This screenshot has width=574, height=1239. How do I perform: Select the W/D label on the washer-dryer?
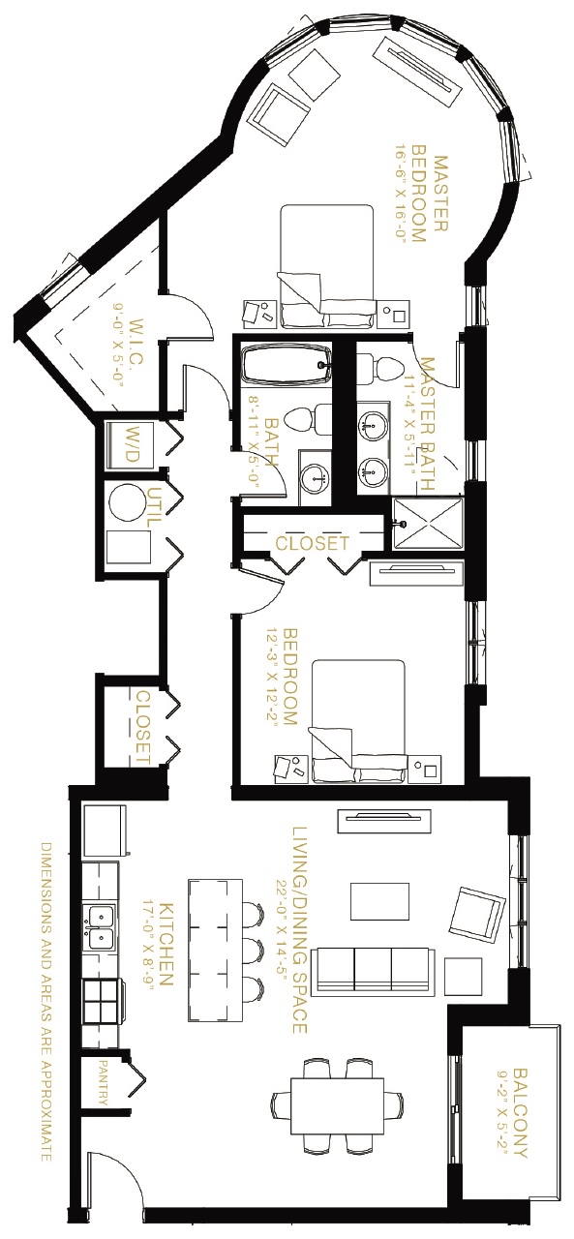pyautogui.click(x=133, y=444)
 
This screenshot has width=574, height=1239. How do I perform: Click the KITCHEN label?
pyautogui.click(x=166, y=944)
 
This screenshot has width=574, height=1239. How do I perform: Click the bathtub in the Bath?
pyautogui.click(x=286, y=363)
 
